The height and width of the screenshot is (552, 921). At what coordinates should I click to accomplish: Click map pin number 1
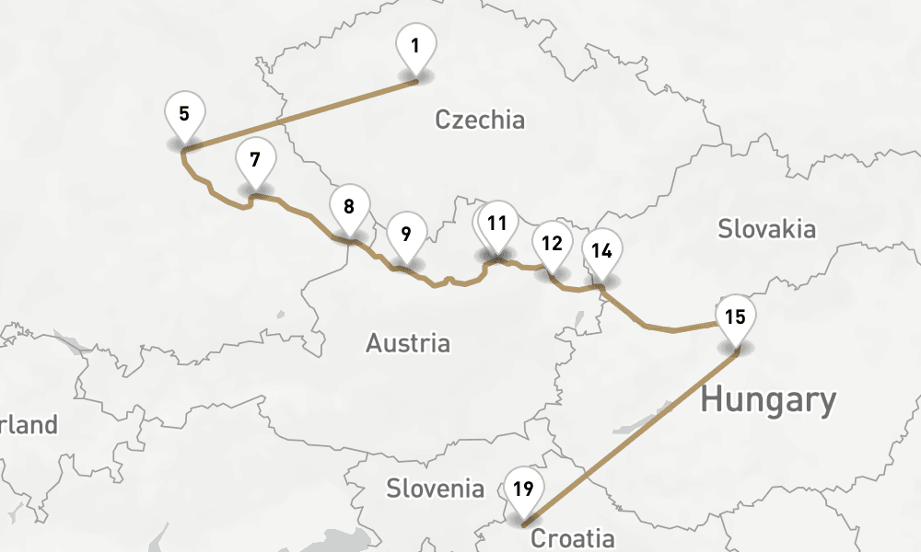415,46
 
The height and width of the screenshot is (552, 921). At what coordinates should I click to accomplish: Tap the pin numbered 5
184,115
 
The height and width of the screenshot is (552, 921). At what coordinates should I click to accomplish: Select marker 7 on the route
255,160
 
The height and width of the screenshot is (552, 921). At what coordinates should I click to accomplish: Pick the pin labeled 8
348,207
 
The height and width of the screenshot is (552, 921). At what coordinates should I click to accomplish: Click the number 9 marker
406,234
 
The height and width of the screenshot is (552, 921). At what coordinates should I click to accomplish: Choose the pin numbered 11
498,224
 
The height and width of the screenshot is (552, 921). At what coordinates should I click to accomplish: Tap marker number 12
552,244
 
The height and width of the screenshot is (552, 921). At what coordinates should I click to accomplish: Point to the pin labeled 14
602,251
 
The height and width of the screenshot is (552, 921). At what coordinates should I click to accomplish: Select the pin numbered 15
735,318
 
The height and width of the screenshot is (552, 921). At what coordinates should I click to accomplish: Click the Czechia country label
479,120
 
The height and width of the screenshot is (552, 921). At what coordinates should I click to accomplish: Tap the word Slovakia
766,228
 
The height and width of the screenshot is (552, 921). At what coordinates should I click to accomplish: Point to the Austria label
408,344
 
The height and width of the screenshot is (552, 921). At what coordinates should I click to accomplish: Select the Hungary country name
768,401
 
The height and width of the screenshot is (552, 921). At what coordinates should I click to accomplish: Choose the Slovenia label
435,488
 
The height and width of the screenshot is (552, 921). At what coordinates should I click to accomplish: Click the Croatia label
572,538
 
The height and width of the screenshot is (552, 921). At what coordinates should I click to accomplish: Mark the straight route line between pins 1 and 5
300,114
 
